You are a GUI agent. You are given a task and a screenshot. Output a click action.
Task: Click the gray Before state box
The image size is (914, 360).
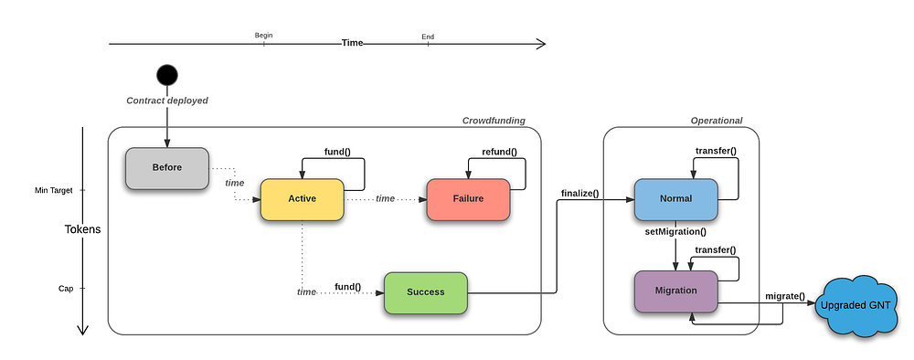point(167,168)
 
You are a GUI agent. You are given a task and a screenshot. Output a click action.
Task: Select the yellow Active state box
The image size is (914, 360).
point(302,199)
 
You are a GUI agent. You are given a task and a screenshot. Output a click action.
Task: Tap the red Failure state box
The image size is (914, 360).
point(468,199)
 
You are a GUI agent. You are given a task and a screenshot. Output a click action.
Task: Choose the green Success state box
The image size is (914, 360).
point(426,292)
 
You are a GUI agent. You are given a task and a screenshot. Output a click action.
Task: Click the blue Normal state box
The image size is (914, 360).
point(676,199)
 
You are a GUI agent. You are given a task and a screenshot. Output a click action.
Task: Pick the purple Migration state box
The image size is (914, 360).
point(676,291)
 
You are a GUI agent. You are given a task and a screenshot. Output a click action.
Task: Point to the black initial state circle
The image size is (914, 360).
point(167,75)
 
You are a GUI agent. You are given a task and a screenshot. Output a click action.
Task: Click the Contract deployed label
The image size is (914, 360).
point(167,101)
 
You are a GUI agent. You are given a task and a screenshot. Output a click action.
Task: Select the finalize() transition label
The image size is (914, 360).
point(580,193)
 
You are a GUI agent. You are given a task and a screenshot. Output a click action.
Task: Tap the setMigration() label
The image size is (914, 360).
point(675,232)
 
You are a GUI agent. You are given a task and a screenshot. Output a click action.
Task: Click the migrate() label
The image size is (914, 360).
point(784,297)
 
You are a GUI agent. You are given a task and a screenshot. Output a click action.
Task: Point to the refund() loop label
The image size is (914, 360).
point(500,153)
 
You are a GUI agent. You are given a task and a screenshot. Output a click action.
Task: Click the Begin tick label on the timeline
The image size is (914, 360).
point(263,36)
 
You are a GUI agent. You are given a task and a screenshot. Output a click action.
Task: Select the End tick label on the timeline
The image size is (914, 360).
point(428,37)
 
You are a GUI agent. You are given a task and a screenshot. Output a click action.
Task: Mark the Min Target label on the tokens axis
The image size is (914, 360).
point(54,190)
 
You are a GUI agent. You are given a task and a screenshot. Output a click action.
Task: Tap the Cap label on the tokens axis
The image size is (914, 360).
point(66,289)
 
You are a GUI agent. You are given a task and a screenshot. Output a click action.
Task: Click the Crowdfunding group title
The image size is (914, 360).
point(494,121)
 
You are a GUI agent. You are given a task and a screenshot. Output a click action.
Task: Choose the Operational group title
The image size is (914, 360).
point(717,121)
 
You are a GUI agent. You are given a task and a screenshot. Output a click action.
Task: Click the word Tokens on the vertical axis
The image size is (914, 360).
point(83,229)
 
